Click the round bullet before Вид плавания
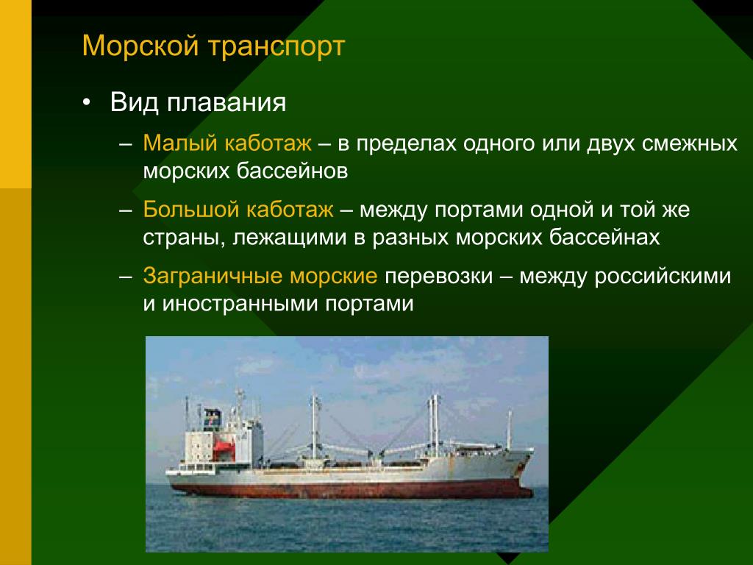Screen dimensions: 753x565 pos(86,103)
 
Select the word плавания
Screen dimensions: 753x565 pos(226,103)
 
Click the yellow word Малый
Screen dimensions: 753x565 pos(180,143)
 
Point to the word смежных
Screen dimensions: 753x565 pos(690,143)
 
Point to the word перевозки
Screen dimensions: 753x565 pos(439,277)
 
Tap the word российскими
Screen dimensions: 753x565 pos(663,277)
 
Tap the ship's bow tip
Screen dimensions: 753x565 pos(533,450)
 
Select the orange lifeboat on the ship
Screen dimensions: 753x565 pos(224,449)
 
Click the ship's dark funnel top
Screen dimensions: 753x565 pos(213,416)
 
